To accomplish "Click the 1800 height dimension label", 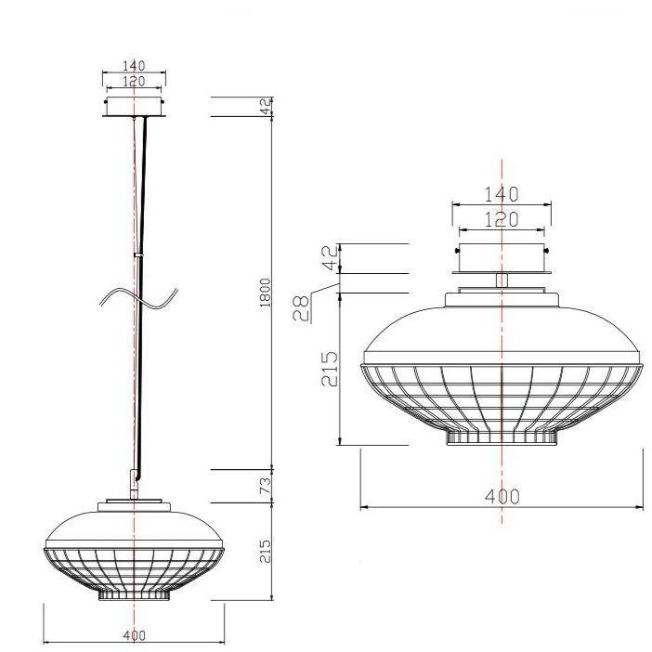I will tap(265, 294).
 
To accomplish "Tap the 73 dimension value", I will tap(265, 485).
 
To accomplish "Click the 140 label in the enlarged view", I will tap(501, 194).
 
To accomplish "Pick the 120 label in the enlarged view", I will tap(501, 219).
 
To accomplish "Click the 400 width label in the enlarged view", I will tap(502, 496).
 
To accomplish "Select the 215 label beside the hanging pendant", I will tap(265, 554).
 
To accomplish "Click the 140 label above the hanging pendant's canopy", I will tap(136, 66).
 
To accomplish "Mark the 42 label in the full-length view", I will tap(265, 107).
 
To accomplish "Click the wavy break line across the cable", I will tap(139, 300).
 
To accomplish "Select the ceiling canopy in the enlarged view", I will tap(501, 258).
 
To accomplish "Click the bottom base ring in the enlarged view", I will tap(502, 437).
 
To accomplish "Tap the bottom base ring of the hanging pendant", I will tap(135, 593).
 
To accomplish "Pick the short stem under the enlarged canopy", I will tap(502, 280).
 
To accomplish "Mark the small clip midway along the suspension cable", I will tap(138, 253).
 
